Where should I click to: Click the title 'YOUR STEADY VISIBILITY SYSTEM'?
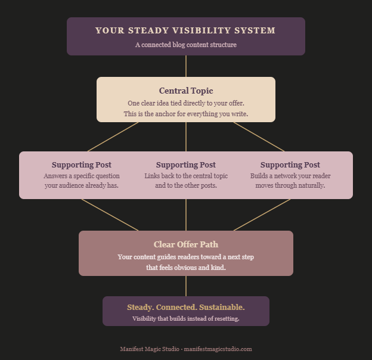pos(185,30)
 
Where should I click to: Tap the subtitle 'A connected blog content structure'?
pos(185,45)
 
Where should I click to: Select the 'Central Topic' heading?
pos(185,91)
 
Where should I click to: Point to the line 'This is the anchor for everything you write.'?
pos(185,114)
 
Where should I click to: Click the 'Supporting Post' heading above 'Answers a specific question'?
pos(81,165)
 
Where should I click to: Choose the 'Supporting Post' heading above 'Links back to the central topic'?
pos(185,165)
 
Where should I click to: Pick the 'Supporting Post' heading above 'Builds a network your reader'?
pos(290,165)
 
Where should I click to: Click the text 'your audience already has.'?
pos(81,185)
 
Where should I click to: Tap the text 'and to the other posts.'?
pos(185,185)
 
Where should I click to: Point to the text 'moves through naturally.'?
pos(290,185)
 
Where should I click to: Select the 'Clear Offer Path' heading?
pos(185,244)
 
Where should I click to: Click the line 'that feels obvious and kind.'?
pos(185,268)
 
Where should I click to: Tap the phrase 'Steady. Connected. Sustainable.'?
pos(185,307)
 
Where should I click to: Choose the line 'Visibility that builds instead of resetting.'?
pos(185,319)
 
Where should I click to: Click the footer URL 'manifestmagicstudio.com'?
pos(218,349)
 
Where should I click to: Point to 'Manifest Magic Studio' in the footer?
pos(149,349)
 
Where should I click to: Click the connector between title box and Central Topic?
pos(186,66)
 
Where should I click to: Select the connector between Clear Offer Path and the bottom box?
pos(186,286)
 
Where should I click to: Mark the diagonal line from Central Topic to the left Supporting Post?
pos(113,137)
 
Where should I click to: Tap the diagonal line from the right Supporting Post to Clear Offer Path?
pos(262,215)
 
